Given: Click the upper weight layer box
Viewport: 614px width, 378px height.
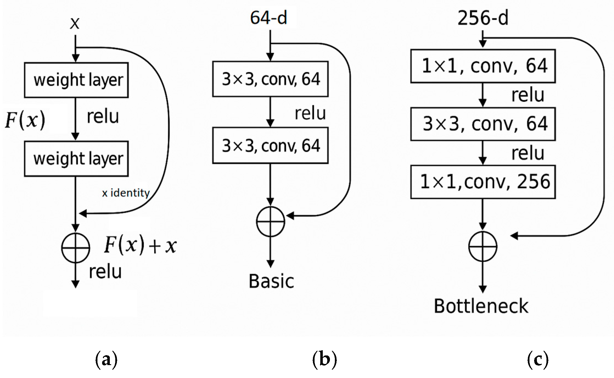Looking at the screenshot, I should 76,80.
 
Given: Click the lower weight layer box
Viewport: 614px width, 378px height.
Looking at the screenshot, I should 76,159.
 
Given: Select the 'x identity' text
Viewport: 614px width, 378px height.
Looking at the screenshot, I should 126,193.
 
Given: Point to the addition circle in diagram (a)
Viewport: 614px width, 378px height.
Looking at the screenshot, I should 75,248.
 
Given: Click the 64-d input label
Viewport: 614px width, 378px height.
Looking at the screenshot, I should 268,18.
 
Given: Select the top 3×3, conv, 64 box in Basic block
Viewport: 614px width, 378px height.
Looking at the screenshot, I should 270,79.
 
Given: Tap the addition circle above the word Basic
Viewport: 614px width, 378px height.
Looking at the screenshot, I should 270,222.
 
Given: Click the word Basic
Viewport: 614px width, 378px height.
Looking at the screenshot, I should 271,281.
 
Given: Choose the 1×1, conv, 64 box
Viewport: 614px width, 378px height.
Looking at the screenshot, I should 483,66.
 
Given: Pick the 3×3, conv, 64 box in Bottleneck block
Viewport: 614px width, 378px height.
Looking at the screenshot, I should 483,124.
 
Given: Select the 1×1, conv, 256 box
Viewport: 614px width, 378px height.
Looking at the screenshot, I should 483,182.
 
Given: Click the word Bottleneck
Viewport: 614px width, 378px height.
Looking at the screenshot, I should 481,306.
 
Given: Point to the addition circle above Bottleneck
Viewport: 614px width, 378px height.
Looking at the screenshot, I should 483,247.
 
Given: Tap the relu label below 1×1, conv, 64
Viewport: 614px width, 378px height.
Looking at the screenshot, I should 528,95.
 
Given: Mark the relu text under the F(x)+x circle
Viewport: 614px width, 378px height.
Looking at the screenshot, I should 105,272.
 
